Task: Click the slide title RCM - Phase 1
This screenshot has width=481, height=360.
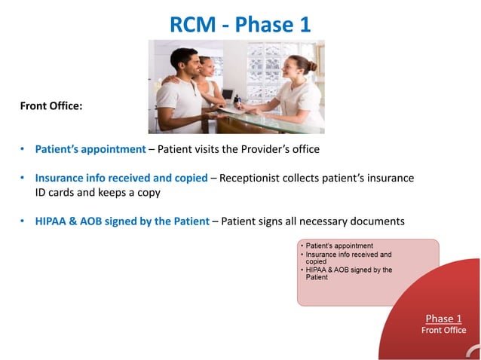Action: [x=240, y=24]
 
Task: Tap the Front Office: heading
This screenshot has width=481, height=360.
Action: [x=51, y=106]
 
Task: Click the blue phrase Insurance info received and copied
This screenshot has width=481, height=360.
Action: [x=121, y=178]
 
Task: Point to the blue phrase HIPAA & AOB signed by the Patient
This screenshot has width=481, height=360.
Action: [x=127, y=221]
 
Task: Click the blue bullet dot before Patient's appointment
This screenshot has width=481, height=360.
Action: [x=23, y=149]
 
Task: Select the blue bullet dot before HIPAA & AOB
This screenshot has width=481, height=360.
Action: [x=23, y=221]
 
